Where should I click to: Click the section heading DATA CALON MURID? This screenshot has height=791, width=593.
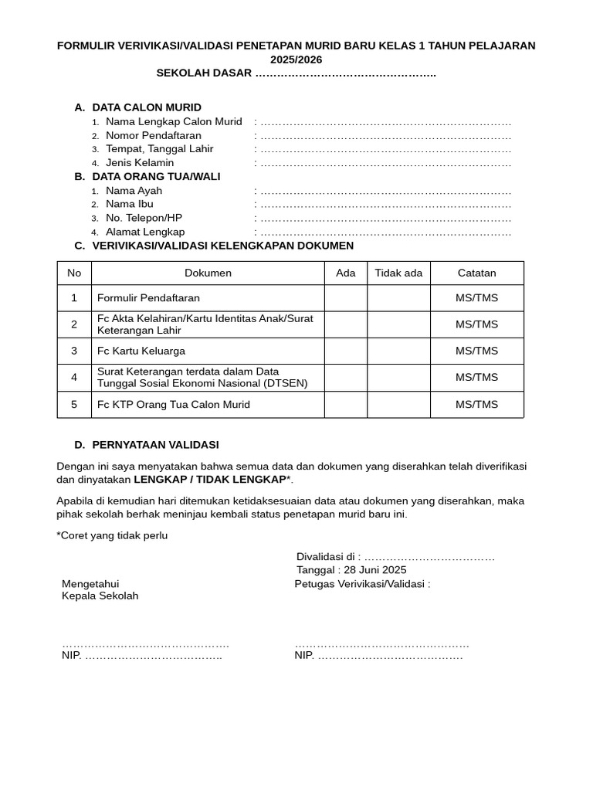(147, 107)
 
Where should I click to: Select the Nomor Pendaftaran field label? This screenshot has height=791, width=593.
(153, 135)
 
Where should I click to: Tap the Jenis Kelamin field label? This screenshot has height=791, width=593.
(140, 163)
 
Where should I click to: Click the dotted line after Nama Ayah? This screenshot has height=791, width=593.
(386, 191)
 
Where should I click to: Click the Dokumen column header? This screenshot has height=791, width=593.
(208, 273)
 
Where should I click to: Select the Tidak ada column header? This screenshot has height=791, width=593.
(398, 273)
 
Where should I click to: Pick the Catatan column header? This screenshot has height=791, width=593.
(476, 273)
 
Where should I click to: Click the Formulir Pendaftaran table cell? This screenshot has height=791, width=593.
(148, 297)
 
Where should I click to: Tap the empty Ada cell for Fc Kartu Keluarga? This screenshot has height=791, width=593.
(345, 351)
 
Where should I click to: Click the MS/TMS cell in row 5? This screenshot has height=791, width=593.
(476, 405)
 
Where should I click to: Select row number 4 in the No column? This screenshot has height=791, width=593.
(74, 378)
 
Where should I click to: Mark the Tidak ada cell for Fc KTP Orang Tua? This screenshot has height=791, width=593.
(398, 405)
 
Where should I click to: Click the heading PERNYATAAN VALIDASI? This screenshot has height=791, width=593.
(155, 445)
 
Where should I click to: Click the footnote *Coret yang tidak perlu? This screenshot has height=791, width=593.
(112, 535)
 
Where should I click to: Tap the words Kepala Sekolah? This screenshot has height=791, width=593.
(100, 596)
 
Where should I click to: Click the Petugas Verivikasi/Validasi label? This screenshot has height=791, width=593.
(362, 584)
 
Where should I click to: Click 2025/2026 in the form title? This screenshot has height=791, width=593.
(296, 59)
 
